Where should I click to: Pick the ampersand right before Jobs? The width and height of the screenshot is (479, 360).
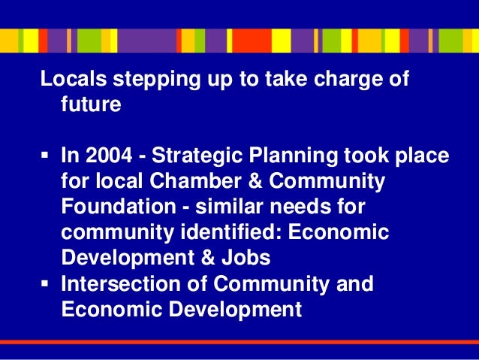pos(206,258)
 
